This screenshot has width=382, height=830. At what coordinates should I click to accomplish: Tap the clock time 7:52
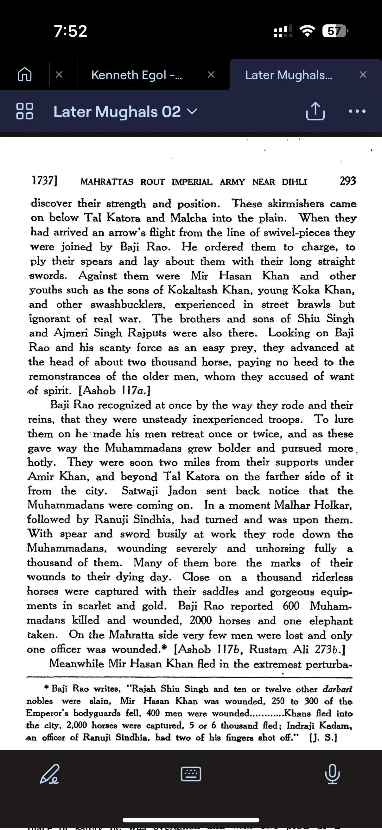coord(71,31)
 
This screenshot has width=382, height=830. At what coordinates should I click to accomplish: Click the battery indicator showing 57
coord(334,31)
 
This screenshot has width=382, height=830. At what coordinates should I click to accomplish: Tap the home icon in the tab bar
coord(24,75)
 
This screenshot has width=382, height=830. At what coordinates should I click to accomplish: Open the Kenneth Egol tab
coord(136,75)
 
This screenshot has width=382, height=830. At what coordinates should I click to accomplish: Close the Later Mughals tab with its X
coord(363,75)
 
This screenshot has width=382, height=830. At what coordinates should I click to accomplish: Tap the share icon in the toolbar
coord(315,111)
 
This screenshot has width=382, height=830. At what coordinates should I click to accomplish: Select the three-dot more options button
coord(357,111)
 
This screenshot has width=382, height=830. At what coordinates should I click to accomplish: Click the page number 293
coord(347,181)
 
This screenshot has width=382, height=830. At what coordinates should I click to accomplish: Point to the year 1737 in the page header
coord(44,180)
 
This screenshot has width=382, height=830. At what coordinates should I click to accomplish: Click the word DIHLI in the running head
coord(294,182)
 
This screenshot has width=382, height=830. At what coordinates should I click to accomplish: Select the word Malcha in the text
coord(188,218)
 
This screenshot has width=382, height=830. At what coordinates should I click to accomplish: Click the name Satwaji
coord(140,491)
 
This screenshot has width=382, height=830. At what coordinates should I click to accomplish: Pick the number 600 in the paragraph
coord(291,606)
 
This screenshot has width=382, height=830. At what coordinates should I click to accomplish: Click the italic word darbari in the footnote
coord(337,689)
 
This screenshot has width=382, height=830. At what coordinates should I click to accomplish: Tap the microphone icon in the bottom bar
coord(332,774)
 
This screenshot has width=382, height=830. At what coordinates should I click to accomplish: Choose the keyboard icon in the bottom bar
coord(191,774)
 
